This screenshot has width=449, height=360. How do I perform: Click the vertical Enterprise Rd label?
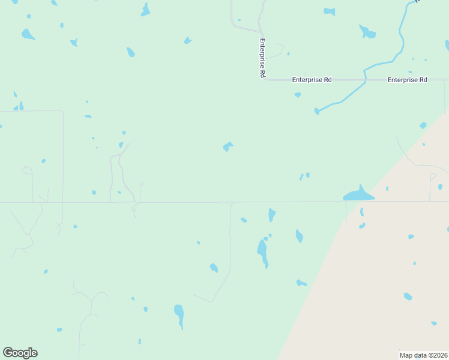pos(262,58)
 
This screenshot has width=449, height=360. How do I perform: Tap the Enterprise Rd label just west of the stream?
pos(312,79)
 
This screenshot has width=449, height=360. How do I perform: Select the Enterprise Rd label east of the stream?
pos(407,79)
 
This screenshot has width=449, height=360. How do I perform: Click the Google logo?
pos(20,353)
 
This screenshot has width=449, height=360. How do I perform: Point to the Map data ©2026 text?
pos(424,355)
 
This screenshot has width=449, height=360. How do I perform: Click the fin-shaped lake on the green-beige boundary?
pos(358,194)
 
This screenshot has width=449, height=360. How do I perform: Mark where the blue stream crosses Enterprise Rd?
pos(364,79)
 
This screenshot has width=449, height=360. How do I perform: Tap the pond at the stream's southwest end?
pos(317,111)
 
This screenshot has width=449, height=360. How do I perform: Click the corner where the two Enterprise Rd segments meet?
pos(264,79)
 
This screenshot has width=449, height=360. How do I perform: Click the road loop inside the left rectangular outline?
pos(27,170)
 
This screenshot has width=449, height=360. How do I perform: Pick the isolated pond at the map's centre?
pos(228,146)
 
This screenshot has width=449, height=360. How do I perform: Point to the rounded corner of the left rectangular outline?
pos(61,112)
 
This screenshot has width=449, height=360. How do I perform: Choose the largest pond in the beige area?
pos(408,296)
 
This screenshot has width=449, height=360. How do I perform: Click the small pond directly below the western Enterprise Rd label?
pos(298,95)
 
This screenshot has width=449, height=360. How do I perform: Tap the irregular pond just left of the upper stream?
pos(367,31)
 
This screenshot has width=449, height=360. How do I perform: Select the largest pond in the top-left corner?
pos(28,34)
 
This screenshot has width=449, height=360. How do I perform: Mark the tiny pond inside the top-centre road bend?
pos(239,20)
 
